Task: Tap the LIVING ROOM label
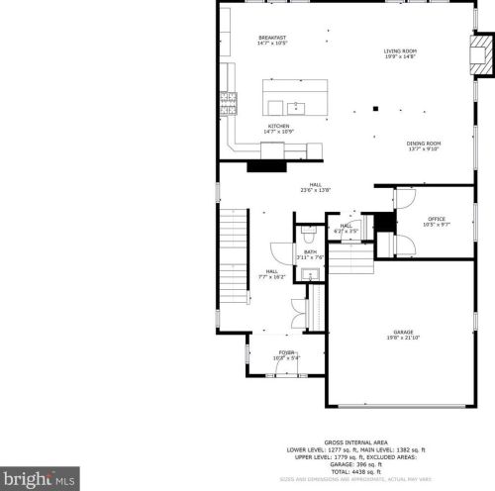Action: tap(400, 51)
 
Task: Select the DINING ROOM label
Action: tap(423, 143)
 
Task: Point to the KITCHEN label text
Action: tap(277, 126)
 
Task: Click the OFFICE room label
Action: tap(437, 219)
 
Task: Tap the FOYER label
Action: tap(286, 352)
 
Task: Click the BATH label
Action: tap(310, 252)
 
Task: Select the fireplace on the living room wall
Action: tap(480, 58)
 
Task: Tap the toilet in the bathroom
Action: tap(309, 236)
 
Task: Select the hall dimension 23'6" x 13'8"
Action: tap(315, 190)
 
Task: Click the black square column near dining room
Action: tap(375, 108)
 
